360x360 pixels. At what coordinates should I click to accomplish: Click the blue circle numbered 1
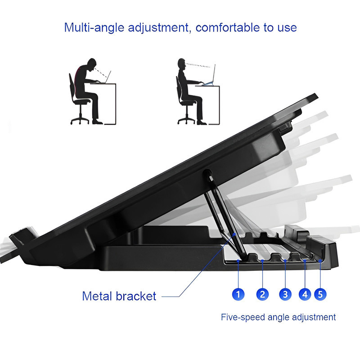tap(238, 294)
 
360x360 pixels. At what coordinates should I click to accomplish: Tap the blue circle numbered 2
tap(262, 294)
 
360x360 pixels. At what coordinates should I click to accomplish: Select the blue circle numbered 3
tap(285, 294)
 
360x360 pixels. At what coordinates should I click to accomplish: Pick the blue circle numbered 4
tap(305, 294)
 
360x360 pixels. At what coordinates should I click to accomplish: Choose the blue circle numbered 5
tap(320, 294)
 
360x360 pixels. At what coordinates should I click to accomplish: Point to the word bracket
tap(136, 296)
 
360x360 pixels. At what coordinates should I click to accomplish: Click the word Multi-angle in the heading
tap(94, 28)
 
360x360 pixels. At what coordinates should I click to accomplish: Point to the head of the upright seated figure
tap(181, 64)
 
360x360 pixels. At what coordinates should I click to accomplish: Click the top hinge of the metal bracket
tap(208, 172)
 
